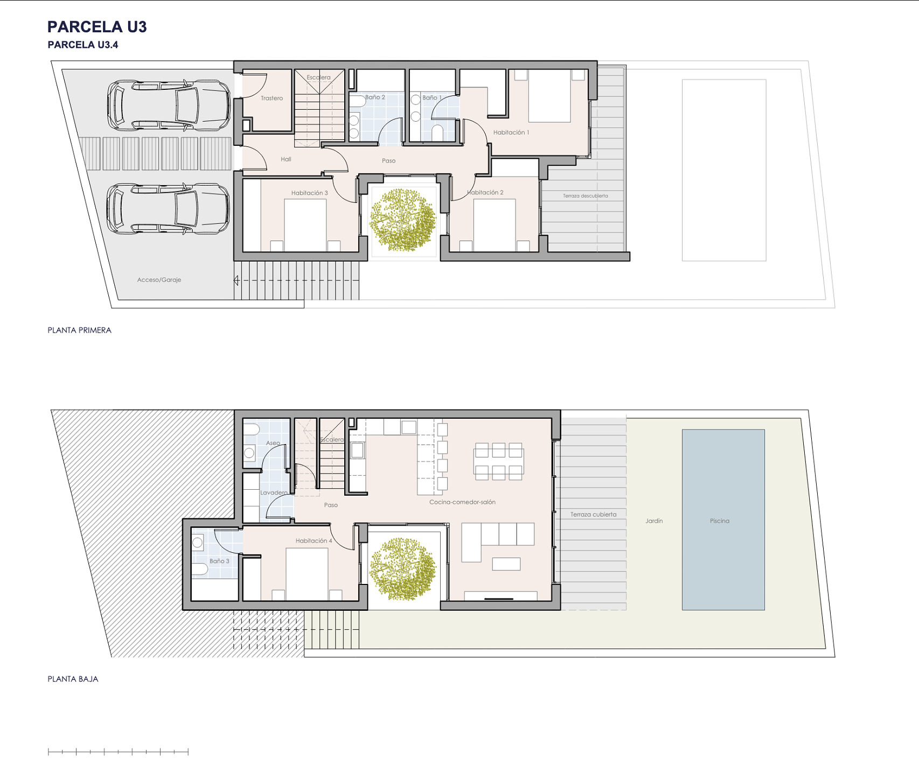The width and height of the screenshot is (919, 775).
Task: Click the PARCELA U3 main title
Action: point(97,27)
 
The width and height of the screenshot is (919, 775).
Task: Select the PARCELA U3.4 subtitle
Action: point(83,45)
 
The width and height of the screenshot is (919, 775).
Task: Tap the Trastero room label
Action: point(271,98)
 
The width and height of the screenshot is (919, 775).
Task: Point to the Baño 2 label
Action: point(375,97)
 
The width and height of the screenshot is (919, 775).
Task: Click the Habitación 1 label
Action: point(511,132)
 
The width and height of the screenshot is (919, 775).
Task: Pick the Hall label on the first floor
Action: point(286,159)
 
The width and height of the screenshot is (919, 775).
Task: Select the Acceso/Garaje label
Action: point(159,280)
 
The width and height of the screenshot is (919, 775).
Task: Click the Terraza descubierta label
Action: point(586,196)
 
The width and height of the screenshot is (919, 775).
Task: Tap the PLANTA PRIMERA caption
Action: point(80,330)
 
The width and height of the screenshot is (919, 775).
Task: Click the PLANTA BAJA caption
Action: point(73,679)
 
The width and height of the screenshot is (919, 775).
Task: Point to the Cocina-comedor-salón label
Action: point(462,502)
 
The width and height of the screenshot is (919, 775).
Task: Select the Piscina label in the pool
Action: point(720,521)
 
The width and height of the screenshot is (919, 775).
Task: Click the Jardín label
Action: point(654,521)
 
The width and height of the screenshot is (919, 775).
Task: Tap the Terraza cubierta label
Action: point(594,515)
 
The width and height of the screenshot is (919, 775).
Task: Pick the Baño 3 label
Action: point(219,561)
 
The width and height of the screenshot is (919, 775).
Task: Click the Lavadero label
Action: point(274,492)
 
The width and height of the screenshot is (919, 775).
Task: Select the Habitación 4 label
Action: point(314,541)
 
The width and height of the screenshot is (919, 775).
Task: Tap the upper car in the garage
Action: point(169,105)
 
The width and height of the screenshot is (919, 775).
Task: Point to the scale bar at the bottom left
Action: point(118,752)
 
